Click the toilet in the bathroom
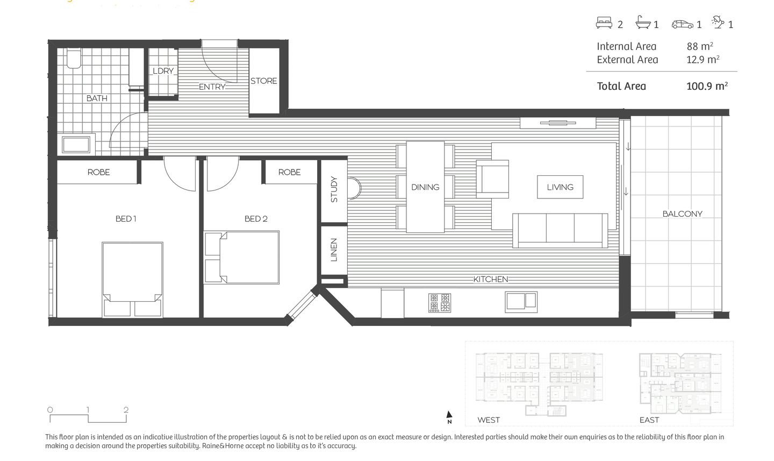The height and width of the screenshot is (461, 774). point(73,59)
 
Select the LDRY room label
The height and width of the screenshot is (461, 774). point(163,71)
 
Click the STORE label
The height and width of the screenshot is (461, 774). point(264,81)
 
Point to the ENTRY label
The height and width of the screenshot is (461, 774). point(212,87)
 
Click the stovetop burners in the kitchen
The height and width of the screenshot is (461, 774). point(440,303)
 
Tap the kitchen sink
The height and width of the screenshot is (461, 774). point(521,301)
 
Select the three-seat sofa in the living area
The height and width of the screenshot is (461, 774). point(560,230)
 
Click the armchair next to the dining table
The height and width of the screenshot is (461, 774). point(493,179)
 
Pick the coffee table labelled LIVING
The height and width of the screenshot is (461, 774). point(560,187)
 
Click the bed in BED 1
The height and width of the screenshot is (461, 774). point(132,279)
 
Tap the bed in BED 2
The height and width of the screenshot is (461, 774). point(242,257)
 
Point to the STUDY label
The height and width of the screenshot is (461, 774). point(334,189)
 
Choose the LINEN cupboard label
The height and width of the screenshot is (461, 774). point(334,250)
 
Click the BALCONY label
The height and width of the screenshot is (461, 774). point(682,214)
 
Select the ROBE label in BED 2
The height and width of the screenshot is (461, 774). point(289,172)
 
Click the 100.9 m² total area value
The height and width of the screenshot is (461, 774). point(707,86)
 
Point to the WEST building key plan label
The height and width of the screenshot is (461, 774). point(488,420)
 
